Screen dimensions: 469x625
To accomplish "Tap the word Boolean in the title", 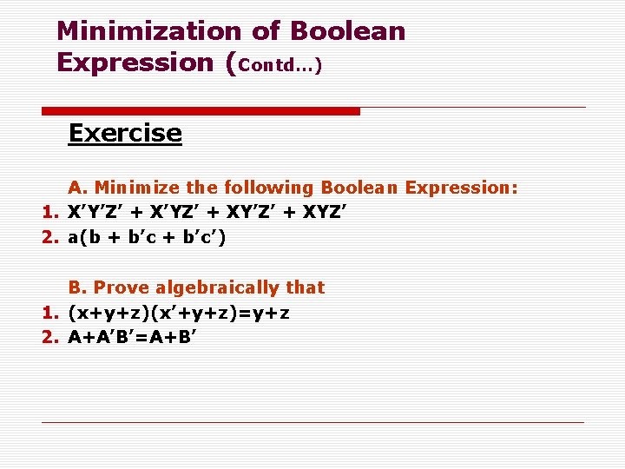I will pyautogui.click(x=347, y=31).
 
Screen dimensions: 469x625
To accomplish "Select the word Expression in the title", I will pyautogui.click(x=135, y=63).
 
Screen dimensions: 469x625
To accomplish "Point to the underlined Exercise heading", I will pyautogui.click(x=125, y=134).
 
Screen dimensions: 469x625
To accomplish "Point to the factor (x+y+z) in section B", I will pyautogui.click(x=107, y=313).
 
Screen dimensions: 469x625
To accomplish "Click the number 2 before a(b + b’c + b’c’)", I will pyautogui.click(x=49, y=237).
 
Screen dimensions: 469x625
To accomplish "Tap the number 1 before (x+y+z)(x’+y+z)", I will pyautogui.click(x=49, y=313).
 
